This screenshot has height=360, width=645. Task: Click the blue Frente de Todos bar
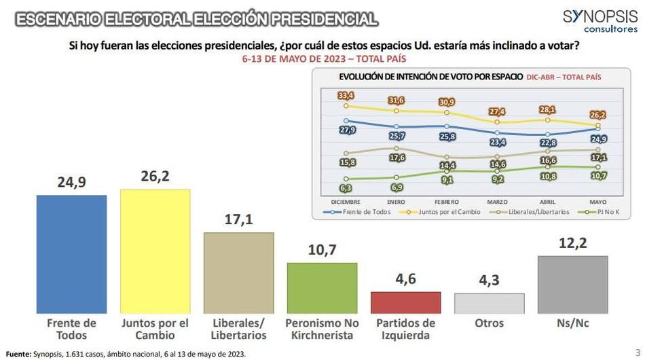(71, 253)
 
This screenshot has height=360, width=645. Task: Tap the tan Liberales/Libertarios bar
(239, 272)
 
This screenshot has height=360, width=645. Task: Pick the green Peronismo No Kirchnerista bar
(322, 287)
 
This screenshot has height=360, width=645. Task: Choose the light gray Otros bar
(489, 303)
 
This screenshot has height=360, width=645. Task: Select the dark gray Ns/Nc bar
(572, 284)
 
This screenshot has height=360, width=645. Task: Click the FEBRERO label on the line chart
(446, 202)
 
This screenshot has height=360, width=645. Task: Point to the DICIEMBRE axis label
(346, 202)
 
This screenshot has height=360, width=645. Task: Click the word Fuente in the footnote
(18, 353)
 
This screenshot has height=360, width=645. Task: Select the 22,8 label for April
(547, 143)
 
